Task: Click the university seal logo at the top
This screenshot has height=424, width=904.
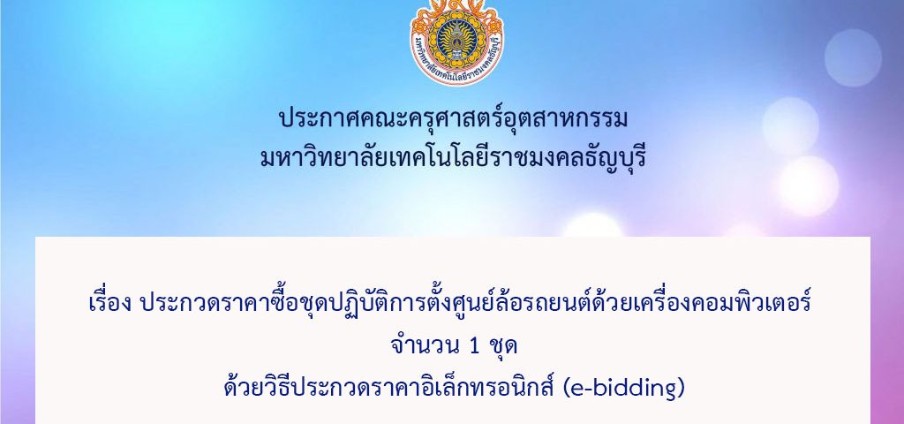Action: (x=456, y=42)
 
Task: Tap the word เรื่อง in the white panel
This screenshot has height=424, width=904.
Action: (x=111, y=302)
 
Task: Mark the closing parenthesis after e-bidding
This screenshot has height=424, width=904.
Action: (x=681, y=390)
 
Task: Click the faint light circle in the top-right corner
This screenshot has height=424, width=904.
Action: (x=853, y=57)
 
